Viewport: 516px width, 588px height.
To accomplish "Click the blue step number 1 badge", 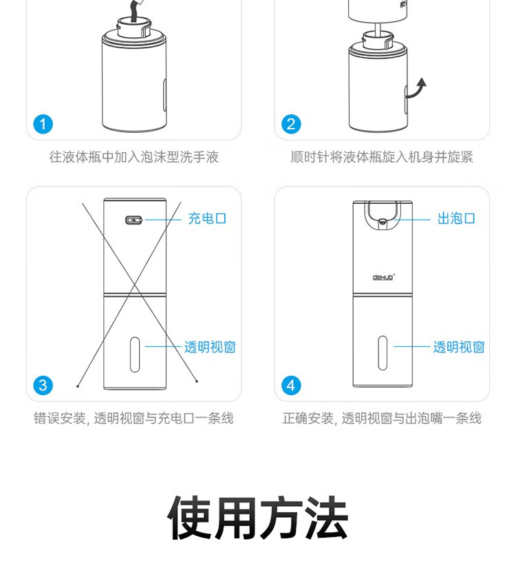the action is click(x=43, y=124).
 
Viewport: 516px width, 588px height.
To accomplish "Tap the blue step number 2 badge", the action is click(x=291, y=124).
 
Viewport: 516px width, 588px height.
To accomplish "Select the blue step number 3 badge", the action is click(x=43, y=384).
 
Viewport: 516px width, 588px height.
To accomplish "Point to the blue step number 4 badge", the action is click(x=291, y=384).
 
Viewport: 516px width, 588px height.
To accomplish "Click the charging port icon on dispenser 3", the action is click(x=133, y=220).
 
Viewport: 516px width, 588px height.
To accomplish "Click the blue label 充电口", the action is click(x=207, y=219).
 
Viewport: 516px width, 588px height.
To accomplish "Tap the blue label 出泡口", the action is click(x=456, y=219).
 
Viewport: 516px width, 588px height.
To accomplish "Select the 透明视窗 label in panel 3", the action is click(x=209, y=347).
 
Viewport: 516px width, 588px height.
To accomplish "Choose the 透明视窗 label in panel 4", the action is click(x=458, y=347).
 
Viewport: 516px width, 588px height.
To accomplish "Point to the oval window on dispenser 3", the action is click(x=135, y=354).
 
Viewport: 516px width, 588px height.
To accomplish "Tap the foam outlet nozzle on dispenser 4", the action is click(x=383, y=220).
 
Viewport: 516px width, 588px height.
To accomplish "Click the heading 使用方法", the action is click(x=258, y=518).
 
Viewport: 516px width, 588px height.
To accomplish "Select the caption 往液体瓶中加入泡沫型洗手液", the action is click(x=133, y=157).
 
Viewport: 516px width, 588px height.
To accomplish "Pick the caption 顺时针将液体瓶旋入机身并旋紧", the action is click(x=382, y=157).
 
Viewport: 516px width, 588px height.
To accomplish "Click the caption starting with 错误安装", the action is click(x=133, y=418).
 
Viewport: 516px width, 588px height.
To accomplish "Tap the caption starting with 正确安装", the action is click(x=382, y=418).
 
